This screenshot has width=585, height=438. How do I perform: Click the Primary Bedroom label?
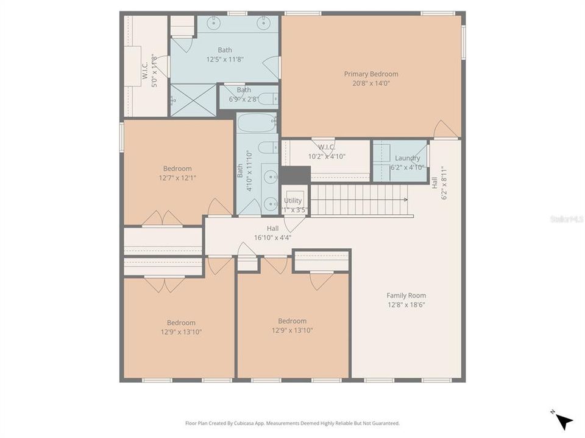371,74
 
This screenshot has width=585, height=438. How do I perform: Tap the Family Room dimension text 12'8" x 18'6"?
406,305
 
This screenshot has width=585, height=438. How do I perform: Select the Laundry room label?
407,158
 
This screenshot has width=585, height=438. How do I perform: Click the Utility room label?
292,201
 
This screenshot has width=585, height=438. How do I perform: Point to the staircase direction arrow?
404,200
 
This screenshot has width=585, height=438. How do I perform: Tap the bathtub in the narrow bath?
257,123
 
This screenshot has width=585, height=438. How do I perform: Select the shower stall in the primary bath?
193,100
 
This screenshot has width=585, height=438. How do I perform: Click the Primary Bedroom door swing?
445,130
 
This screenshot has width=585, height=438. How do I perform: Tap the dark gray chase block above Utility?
295,175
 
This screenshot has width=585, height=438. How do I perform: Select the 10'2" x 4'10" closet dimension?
327,156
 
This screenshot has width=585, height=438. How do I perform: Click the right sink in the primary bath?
264,24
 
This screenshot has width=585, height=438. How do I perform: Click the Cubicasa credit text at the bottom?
292,423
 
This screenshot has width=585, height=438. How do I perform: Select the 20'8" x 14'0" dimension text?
371,83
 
